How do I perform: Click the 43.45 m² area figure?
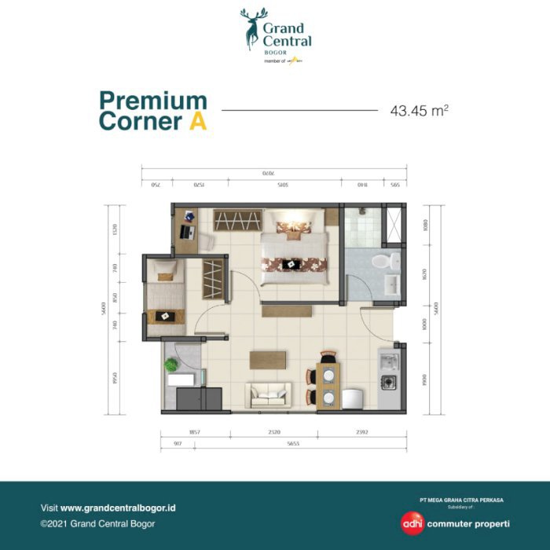click(x=419, y=111)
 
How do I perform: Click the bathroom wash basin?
click(x=390, y=284)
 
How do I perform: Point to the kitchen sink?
click(x=388, y=361)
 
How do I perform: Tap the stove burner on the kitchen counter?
click(x=388, y=383)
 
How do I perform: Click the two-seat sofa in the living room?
click(x=269, y=394)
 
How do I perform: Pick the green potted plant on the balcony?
click(x=171, y=365)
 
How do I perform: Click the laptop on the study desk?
click(x=186, y=232)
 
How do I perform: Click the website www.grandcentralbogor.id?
click(x=118, y=508)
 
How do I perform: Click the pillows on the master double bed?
click(x=293, y=228)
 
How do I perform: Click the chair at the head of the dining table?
click(x=328, y=357)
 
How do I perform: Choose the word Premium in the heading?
click(x=153, y=101)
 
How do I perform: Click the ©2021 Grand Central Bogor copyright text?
click(x=97, y=523)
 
